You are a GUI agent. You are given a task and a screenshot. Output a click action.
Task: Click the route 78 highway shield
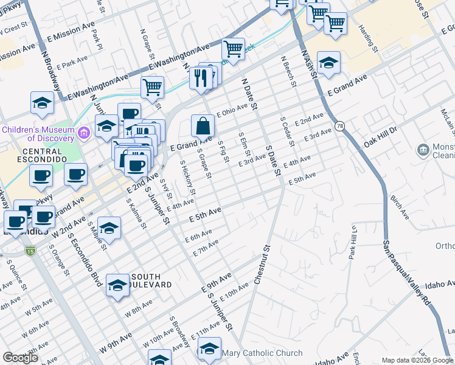click(x=339, y=126)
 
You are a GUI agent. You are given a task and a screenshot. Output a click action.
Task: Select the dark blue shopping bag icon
click(x=203, y=126)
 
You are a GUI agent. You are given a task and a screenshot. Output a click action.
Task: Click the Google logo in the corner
click(x=20, y=358)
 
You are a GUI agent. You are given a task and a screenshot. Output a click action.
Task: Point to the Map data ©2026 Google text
click(x=417, y=360)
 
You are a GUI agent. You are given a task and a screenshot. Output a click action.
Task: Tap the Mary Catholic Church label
click(x=262, y=353)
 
